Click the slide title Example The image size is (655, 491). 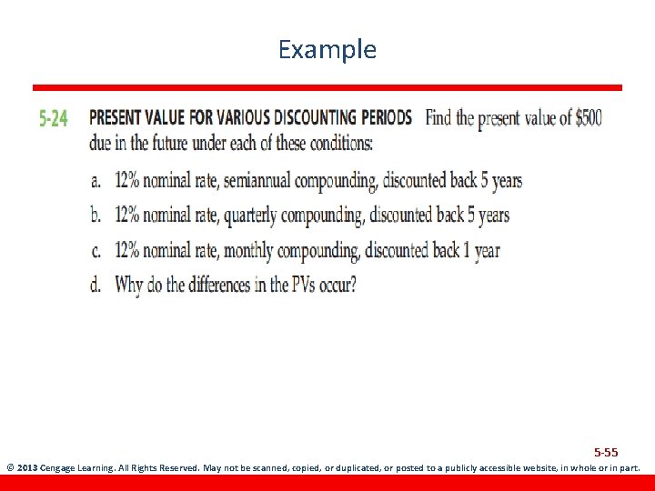[x=327, y=49]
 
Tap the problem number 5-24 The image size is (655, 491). [x=53, y=119]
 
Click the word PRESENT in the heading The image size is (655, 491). [x=116, y=118]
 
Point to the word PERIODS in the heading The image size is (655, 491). [x=385, y=118]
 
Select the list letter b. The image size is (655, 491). [x=96, y=215]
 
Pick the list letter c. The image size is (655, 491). [x=96, y=250]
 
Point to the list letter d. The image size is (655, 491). [x=96, y=285]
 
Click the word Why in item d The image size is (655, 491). [x=129, y=285]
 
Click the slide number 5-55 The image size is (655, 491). [x=606, y=452]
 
